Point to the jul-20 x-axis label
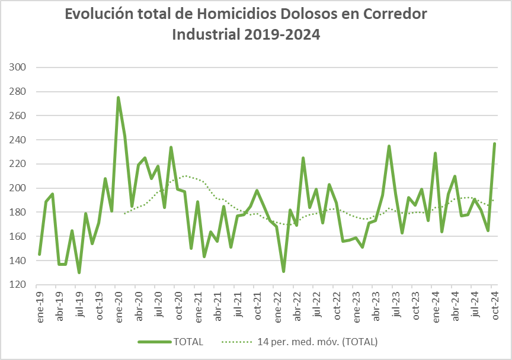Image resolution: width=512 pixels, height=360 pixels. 158,306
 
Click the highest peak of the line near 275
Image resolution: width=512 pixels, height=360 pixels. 119,98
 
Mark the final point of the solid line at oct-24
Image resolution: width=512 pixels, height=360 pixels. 494,143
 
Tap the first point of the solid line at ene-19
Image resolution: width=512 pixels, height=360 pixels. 39,255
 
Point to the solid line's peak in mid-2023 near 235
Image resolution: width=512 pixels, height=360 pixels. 389,146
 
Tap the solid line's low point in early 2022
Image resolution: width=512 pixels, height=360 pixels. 283,271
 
